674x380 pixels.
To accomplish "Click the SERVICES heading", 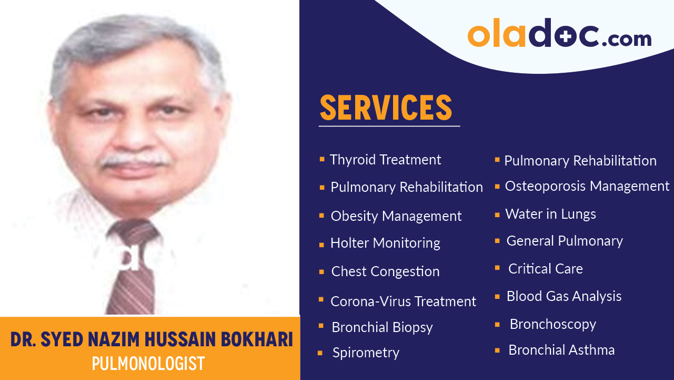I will (x=386, y=107).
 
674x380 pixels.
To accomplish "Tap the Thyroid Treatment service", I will (x=385, y=160).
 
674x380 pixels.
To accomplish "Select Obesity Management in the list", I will (x=396, y=216).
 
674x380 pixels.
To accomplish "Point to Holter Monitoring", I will (x=385, y=243).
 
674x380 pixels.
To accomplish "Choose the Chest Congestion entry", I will (x=385, y=271).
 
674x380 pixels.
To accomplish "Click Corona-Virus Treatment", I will (x=403, y=301).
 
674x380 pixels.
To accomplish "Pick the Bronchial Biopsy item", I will (x=382, y=327).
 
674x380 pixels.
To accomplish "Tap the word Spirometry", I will (x=366, y=353).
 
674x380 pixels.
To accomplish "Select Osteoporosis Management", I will (x=587, y=186).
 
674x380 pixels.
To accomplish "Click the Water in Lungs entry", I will (x=550, y=214).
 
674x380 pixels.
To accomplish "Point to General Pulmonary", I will (x=564, y=241).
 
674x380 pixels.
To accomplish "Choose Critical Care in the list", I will (x=545, y=269).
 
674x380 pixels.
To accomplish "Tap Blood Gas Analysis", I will (x=564, y=296).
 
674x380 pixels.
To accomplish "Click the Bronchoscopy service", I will (x=552, y=324).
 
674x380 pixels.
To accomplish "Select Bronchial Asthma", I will (x=561, y=350).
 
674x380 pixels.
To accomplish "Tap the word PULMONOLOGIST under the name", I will (x=148, y=364).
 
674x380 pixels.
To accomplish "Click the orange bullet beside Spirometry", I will (x=320, y=354).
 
